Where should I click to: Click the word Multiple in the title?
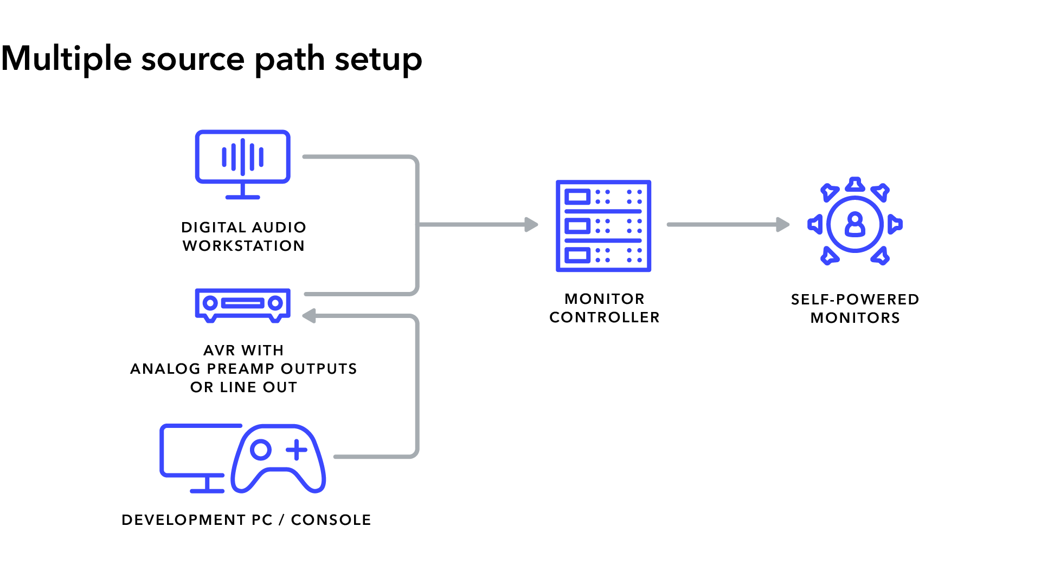66,58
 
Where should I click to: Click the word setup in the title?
378,60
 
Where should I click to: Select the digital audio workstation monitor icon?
242,162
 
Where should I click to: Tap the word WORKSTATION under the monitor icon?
243,246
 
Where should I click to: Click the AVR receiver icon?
242,304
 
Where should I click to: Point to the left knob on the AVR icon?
210,303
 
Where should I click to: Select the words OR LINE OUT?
243,387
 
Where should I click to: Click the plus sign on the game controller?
297,450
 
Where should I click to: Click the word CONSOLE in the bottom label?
331,520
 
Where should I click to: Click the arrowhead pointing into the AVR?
310,316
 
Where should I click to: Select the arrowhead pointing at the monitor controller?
531,224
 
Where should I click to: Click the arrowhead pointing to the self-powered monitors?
782,224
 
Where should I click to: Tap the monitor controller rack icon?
603,226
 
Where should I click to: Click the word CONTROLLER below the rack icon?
604,317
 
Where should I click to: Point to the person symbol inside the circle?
854,224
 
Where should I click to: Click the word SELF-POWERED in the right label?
854,300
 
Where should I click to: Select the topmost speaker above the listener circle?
855,185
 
